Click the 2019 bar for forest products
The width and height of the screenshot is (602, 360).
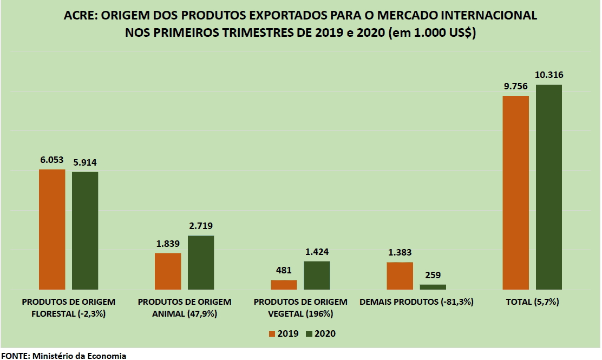pyautogui.click(x=52, y=230)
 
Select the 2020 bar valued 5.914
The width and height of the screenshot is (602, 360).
pyautogui.click(x=85, y=231)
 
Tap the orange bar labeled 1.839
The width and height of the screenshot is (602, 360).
pyautogui.click(x=168, y=271)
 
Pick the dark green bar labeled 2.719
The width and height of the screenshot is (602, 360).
pyautogui.click(x=201, y=263)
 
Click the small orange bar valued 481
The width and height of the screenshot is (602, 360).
pyautogui.click(x=284, y=285)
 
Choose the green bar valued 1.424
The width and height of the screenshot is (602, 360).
pyautogui.click(x=317, y=276)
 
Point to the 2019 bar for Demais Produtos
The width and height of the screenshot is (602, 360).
pyautogui.click(x=400, y=276)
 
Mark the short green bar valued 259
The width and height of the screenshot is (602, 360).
pyautogui.click(x=433, y=287)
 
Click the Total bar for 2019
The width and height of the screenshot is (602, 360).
pyautogui.click(x=515, y=193)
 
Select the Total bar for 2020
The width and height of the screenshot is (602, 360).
pyautogui.click(x=549, y=187)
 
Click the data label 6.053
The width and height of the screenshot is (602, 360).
pyautogui.click(x=52, y=160)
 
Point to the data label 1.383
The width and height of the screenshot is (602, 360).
pyautogui.click(x=400, y=252)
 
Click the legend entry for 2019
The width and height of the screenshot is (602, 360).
pyautogui.click(x=283, y=333)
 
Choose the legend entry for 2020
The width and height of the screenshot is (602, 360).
pyautogui.click(x=320, y=333)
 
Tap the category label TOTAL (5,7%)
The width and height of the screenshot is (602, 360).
pyautogui.click(x=532, y=302)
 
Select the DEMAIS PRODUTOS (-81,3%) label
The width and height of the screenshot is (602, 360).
pyautogui.click(x=416, y=302)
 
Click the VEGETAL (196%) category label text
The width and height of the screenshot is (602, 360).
pyautogui.click(x=300, y=313)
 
